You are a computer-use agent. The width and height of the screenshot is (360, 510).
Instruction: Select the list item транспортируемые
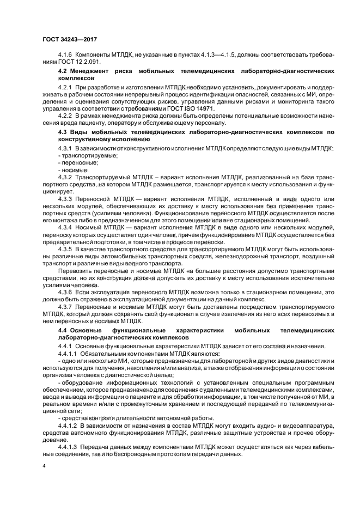click(x=82, y=155)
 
